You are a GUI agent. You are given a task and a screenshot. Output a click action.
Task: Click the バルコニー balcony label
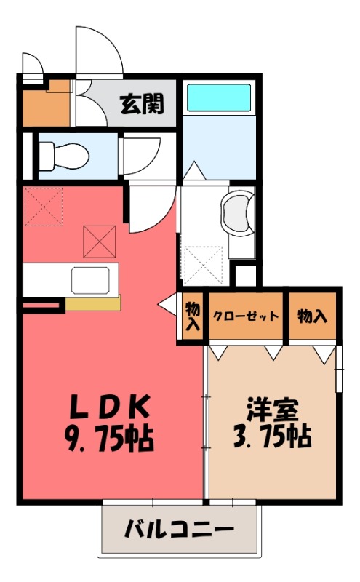click(178, 528)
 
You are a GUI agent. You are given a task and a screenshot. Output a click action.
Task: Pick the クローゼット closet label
click(246, 316)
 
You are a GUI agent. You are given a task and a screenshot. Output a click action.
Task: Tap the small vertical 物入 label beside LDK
click(193, 316)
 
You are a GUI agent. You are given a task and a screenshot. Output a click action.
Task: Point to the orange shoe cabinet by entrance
click(45, 107)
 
